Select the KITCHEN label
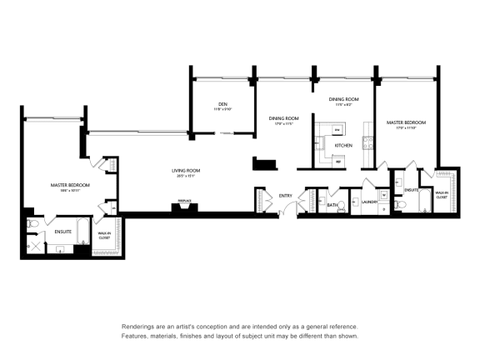click(343, 145)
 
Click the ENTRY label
click(286, 196)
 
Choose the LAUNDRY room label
click(371, 202)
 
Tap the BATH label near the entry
click(332, 204)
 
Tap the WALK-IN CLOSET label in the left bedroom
click(105, 236)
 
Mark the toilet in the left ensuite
click(33, 224)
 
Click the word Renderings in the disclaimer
click(138, 327)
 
